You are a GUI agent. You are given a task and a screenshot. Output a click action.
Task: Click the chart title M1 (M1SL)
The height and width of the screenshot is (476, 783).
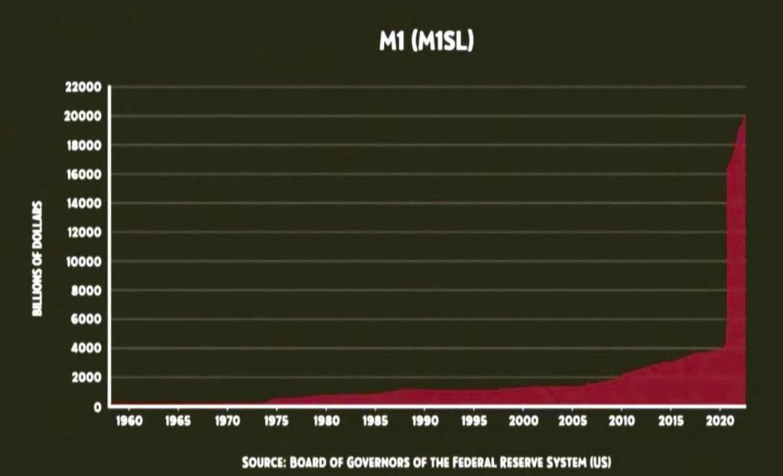tap(427, 42)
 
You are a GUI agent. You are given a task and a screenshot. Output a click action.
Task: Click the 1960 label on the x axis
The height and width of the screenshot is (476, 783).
tap(128, 421)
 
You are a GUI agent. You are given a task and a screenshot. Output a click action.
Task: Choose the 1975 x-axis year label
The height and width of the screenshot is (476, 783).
tap(277, 421)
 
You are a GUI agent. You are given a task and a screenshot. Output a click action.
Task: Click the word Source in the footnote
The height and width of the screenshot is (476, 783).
tap(264, 462)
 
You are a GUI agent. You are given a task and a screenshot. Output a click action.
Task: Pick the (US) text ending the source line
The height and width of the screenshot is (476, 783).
tap(600, 462)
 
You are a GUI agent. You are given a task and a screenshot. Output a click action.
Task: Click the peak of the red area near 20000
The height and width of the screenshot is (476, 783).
tap(744, 117)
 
